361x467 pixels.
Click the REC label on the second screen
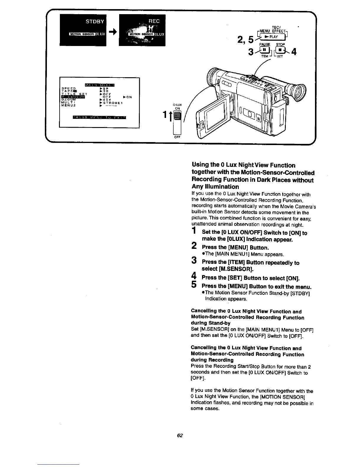pyautogui.click(x=154, y=21)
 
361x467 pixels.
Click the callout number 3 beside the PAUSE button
pyautogui.click(x=251, y=52)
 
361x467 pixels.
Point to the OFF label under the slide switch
pyautogui.click(x=177, y=137)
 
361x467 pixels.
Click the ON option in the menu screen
pyautogui.click(x=129, y=97)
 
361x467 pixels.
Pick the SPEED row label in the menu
pyautogui.click(x=68, y=88)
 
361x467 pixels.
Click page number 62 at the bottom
pyautogui.click(x=180, y=435)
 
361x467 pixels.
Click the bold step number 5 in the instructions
pyautogui.click(x=194, y=285)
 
